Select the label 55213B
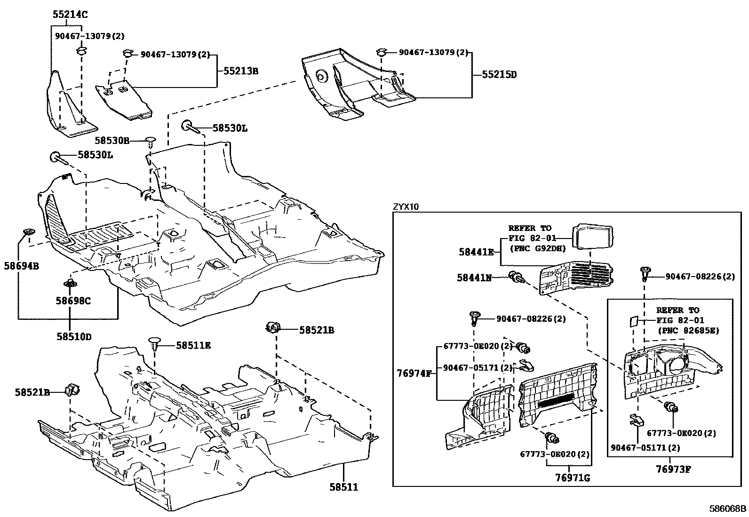240,71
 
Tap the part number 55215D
498,74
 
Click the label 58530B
112,140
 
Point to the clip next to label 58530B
151,141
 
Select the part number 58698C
73,300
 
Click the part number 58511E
193,345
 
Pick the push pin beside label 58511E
155,344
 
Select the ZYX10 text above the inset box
405,207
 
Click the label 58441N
474,278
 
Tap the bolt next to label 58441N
516,277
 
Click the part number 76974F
413,374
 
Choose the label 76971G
573,478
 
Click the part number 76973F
674,469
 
